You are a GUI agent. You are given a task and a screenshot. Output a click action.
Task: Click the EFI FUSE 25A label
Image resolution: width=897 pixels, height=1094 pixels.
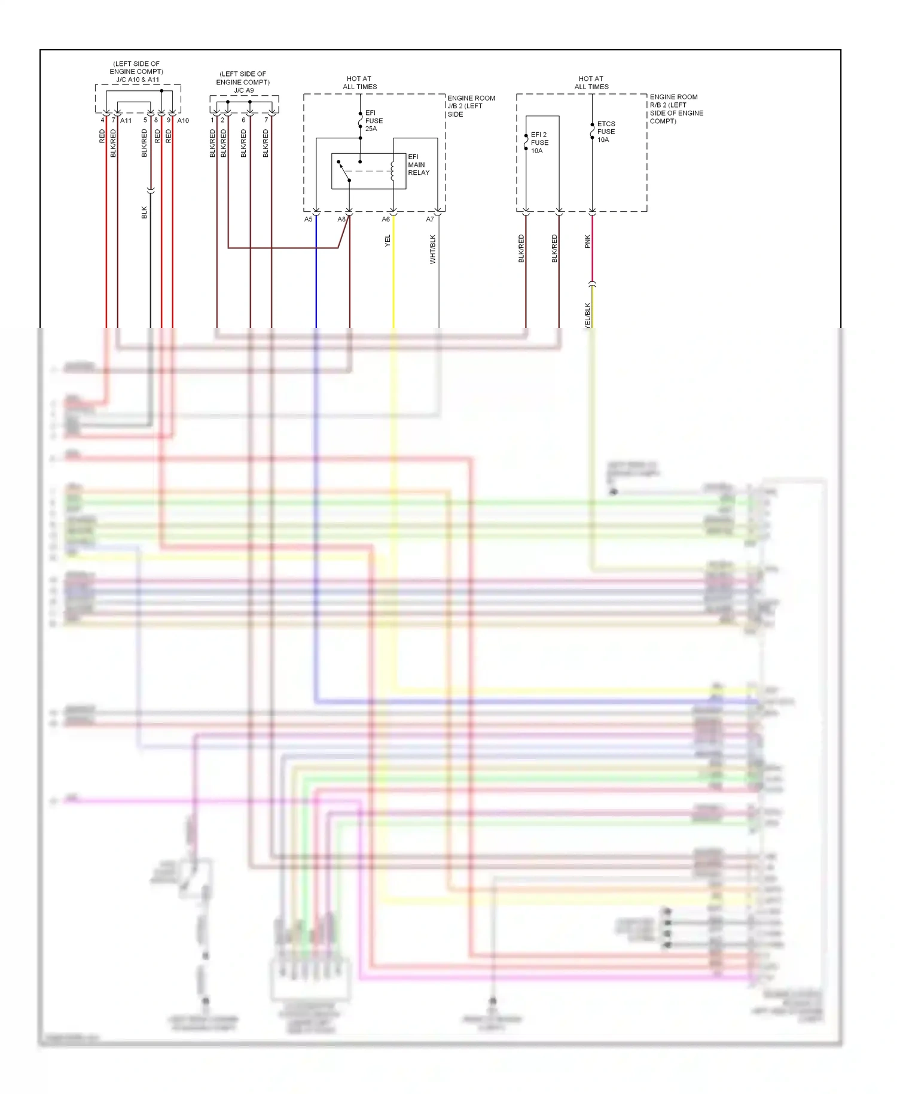[374, 121]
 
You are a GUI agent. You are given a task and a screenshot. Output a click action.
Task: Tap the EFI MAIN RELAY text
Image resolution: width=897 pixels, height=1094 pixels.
[418, 165]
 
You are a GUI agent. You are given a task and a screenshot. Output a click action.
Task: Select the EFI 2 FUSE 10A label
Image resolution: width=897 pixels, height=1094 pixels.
[539, 142]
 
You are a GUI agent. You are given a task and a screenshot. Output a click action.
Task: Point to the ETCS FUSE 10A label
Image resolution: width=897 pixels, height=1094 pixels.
[606, 132]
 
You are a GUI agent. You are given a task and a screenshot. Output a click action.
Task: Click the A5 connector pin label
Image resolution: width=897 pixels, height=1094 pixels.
[308, 220]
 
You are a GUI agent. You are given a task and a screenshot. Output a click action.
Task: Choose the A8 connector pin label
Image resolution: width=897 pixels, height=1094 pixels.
[341, 220]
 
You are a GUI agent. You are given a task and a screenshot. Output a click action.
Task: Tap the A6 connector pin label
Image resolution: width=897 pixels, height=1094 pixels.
[386, 220]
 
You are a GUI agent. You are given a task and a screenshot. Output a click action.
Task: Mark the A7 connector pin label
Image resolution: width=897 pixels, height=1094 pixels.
[429, 220]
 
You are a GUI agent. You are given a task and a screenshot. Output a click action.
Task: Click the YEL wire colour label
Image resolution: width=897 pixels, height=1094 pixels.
[388, 241]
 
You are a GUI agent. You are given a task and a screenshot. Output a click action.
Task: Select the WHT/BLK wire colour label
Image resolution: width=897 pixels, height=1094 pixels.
[432, 249]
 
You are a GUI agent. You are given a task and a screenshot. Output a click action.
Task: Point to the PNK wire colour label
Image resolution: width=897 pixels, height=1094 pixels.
[587, 241]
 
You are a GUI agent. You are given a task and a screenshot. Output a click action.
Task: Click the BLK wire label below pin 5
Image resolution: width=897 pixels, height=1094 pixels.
[144, 212]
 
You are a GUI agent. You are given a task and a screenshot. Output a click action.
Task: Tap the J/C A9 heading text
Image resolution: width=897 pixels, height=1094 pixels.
[243, 90]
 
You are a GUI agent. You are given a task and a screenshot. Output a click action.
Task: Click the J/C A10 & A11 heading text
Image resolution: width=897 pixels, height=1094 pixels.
[138, 80]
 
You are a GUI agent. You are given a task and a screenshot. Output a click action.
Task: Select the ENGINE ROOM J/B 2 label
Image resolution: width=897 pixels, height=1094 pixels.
[471, 106]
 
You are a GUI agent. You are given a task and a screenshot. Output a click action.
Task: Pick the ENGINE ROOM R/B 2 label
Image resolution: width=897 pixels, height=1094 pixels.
[676, 108]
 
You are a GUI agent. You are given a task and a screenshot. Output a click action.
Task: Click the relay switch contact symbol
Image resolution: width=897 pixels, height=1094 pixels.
[344, 171]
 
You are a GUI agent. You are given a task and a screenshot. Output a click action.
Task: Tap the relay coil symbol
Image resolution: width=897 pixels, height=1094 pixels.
[392, 171]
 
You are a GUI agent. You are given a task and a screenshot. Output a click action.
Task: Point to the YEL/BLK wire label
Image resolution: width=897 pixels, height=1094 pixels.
[587, 315]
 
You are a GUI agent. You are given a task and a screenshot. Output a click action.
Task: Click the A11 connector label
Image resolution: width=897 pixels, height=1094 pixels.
[126, 121]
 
